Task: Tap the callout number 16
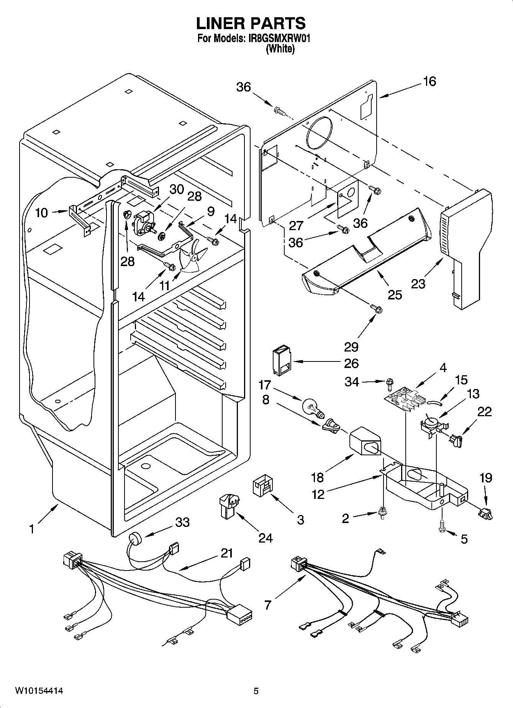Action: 429,82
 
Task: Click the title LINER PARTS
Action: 251,23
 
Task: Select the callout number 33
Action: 182,522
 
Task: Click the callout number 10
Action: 41,213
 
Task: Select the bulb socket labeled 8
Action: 331,426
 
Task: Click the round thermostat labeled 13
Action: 431,423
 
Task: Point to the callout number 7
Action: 267,605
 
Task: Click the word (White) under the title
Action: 280,49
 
